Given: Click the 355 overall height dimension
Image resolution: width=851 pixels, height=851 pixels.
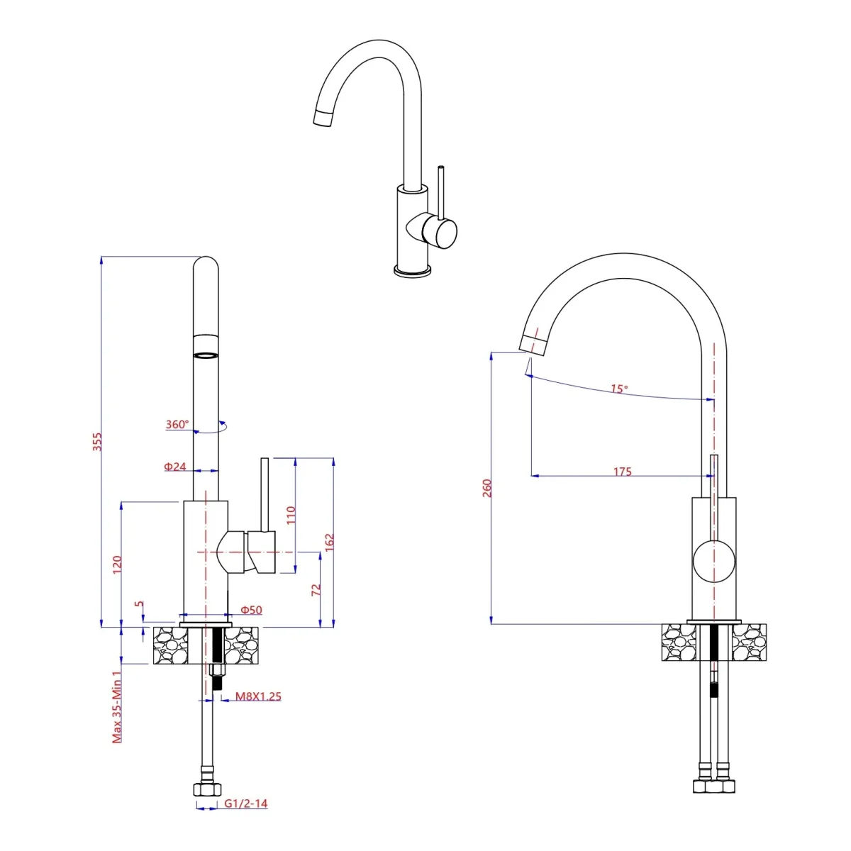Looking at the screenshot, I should (98, 441).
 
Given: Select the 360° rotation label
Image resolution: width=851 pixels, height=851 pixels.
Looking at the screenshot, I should (177, 425).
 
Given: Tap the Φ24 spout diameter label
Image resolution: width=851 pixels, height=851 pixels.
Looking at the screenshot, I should (175, 467).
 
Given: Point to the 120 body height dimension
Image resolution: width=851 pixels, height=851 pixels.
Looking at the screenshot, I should (118, 564).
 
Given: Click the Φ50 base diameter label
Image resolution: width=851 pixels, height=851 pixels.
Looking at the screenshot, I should (251, 610).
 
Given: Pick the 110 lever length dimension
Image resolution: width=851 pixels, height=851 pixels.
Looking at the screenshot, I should (291, 514).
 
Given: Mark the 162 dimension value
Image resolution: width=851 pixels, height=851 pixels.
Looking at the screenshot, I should (329, 542).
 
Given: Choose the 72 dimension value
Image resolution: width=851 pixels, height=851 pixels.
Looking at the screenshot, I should (316, 589).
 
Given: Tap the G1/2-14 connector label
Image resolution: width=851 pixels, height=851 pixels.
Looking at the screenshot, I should (245, 803).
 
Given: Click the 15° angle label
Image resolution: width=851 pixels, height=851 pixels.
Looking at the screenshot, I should (619, 389).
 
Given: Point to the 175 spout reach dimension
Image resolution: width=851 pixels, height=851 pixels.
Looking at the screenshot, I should (622, 472).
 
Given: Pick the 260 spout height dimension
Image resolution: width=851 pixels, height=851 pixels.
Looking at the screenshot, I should (487, 488).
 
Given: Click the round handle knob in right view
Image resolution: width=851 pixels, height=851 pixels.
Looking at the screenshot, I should (714, 560).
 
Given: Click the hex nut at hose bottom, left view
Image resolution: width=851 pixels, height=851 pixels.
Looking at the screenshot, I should (206, 789).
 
